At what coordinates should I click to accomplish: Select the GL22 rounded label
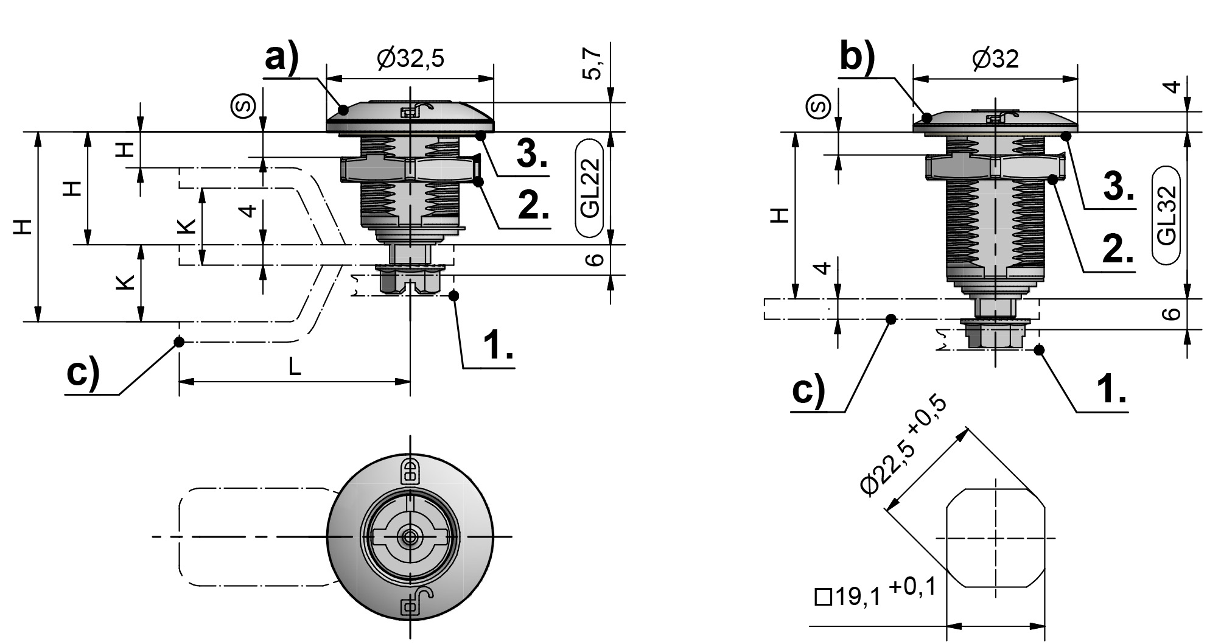590,188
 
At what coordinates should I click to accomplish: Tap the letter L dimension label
294,366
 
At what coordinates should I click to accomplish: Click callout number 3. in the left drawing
531,155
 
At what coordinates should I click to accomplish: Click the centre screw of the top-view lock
407,537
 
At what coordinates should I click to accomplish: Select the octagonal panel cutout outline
996,538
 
